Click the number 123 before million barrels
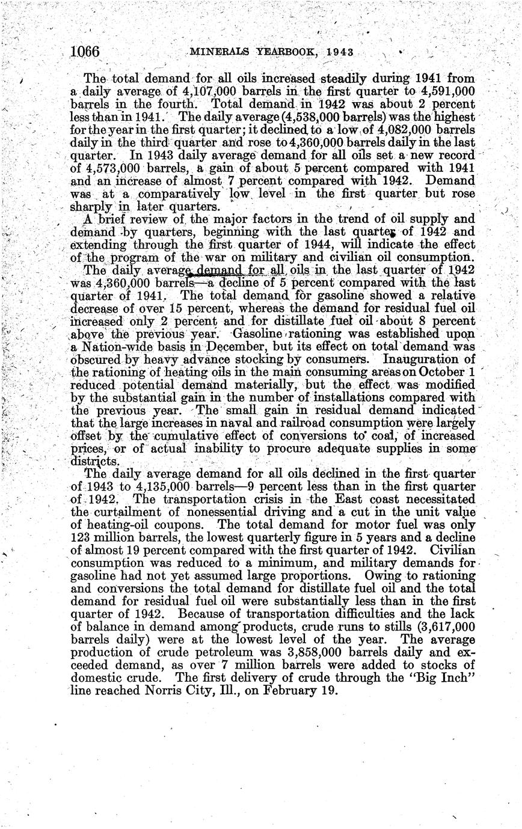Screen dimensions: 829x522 click(81, 537)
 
